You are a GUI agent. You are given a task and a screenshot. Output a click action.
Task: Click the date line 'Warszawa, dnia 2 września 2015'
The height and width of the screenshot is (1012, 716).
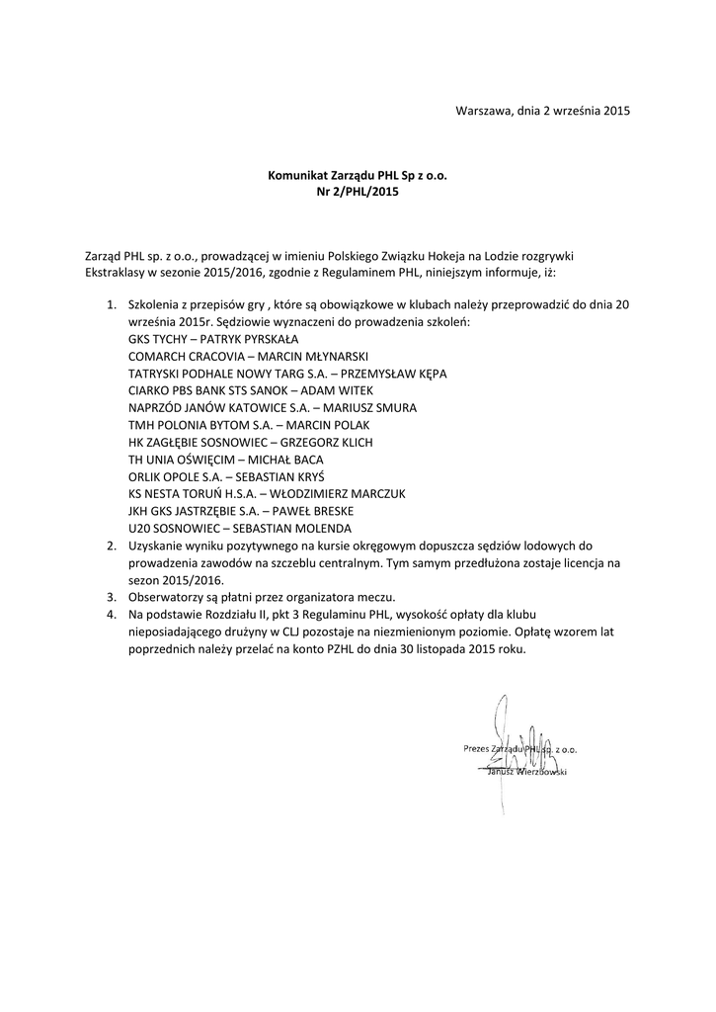pyautogui.click(x=542, y=111)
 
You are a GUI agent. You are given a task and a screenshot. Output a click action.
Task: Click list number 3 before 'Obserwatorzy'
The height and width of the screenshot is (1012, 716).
pyautogui.click(x=111, y=597)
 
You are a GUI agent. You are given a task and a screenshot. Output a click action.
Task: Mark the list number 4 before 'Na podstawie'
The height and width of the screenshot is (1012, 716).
pyautogui.click(x=111, y=615)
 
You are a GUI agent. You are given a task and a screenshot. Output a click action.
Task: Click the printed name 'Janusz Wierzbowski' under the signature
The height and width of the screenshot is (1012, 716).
pyautogui.click(x=526, y=771)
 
